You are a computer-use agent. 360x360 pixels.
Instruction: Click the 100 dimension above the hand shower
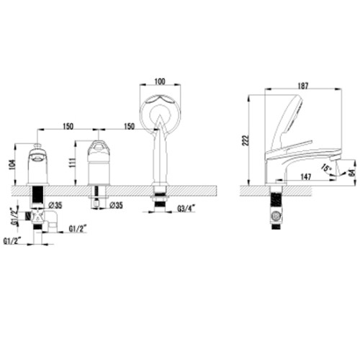click(x=160, y=81)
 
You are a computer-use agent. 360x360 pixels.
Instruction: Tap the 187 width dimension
click(x=303, y=86)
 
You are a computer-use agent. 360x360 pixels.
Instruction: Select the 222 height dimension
click(x=246, y=140)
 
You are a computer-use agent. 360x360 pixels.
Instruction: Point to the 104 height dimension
click(x=12, y=165)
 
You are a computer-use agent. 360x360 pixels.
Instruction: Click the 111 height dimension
click(x=72, y=163)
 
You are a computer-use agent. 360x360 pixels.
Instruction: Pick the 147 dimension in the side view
click(x=305, y=177)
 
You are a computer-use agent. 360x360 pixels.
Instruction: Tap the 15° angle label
click(x=327, y=168)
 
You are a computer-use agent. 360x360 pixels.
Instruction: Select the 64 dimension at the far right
click(x=352, y=173)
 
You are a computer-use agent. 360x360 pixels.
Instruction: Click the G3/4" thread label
click(x=186, y=209)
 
